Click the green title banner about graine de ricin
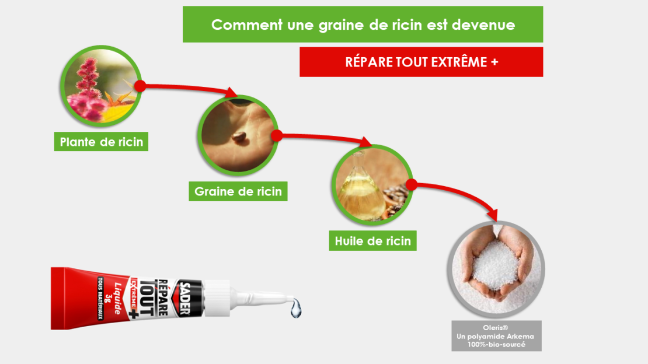pos(363,24)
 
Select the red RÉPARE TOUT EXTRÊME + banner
pos(421,62)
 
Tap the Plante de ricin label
pos(101,142)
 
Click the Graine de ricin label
pos(238,191)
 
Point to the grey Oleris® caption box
pos(496,336)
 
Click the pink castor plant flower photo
pos(102,86)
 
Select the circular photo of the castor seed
pos(238,135)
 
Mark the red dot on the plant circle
pos(140,86)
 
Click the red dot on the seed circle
pos(277,135)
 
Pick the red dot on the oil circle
pos(410,185)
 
